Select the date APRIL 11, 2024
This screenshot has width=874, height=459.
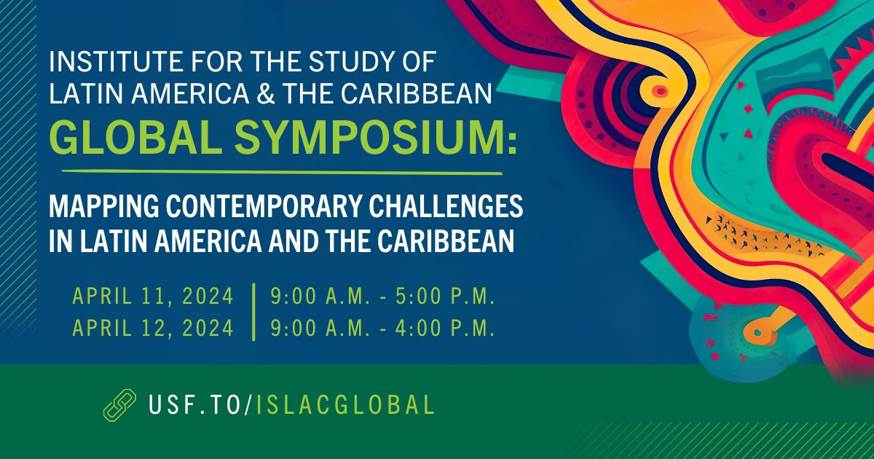tap(153, 297)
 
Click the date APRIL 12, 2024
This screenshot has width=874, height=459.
tap(153, 329)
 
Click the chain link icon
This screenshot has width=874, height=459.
tap(119, 404)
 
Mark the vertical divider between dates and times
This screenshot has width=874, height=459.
tap(253, 313)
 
